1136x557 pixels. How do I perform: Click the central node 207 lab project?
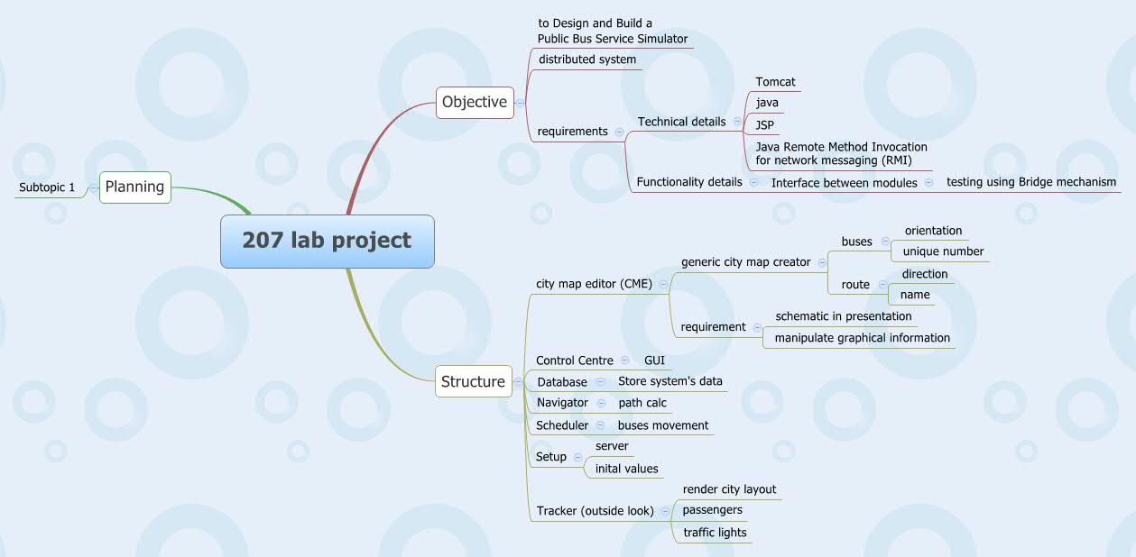[327, 241]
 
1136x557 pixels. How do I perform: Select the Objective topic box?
[474, 102]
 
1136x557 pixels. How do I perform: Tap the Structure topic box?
[473, 381]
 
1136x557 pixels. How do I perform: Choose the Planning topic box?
[134, 187]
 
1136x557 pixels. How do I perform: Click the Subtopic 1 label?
[46, 187]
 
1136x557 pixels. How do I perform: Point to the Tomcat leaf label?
[775, 82]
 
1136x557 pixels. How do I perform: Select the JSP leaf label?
[765, 123]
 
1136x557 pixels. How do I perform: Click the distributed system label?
[587, 59]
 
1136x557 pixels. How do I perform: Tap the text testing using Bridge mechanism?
[1031, 182]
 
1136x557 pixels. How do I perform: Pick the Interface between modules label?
[844, 183]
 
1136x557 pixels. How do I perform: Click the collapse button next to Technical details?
[737, 122]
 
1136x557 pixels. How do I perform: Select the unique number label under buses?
[943, 251]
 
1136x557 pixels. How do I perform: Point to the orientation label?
[933, 231]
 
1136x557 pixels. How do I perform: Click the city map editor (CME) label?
[594, 284]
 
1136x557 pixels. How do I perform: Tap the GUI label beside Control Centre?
[654, 361]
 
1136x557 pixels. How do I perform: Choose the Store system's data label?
[670, 381]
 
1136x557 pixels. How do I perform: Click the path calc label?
[642, 403]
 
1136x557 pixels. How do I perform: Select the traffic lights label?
[715, 533]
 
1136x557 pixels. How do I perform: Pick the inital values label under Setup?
[626, 469]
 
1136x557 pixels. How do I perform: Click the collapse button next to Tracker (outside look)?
[665, 511]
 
